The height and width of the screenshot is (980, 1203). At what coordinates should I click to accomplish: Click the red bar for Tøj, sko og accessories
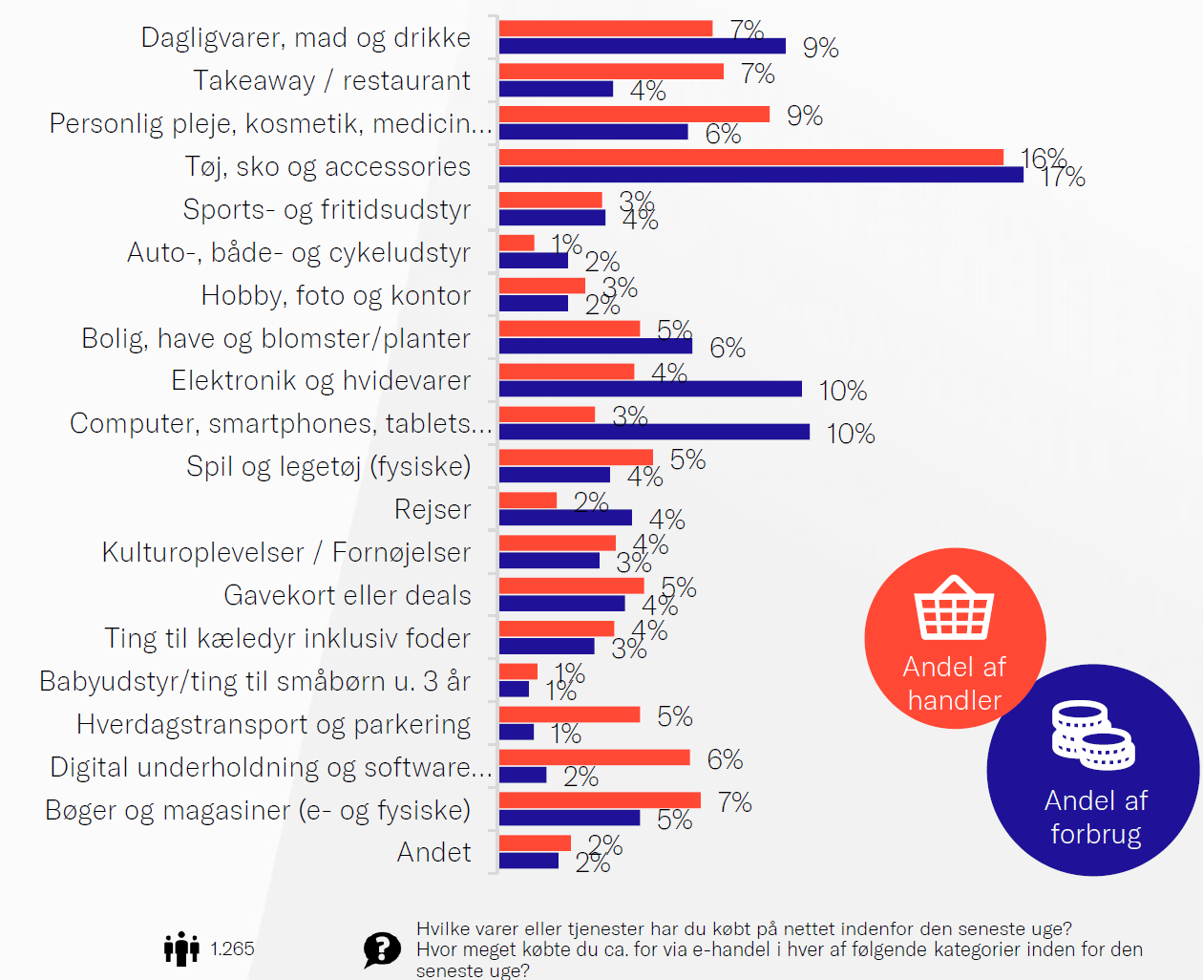(750, 158)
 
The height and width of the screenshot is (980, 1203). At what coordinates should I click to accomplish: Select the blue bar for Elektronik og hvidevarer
(650, 389)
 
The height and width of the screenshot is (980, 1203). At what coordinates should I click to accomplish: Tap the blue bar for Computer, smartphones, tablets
(654, 432)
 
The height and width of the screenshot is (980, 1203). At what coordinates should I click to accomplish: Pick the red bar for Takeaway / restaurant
(611, 72)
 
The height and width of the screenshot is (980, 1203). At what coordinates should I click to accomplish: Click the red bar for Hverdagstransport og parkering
(569, 714)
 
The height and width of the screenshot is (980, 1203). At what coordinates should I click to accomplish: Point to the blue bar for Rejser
(565, 518)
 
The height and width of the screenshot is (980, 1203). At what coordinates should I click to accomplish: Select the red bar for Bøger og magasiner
(600, 800)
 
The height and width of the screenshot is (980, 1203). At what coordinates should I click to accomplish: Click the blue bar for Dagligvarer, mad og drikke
(642, 46)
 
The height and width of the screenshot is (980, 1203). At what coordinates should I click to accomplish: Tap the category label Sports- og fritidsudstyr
(327, 209)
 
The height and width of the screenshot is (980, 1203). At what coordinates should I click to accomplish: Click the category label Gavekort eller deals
(348, 595)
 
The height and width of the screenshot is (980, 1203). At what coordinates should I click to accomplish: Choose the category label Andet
(433, 852)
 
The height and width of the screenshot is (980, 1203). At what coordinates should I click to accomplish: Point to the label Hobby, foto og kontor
(335, 295)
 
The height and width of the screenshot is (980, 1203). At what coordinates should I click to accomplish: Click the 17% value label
(1064, 178)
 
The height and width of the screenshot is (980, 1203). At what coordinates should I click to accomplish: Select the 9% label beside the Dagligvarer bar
(820, 48)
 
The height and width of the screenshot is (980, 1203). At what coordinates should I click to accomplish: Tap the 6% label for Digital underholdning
(725, 759)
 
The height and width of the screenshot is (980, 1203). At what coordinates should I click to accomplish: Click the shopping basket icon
(954, 607)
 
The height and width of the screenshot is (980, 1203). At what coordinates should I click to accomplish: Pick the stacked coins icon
(1093, 735)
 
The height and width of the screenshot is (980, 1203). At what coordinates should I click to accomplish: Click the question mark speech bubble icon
(382, 949)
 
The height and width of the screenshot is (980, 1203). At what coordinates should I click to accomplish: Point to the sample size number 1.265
(232, 948)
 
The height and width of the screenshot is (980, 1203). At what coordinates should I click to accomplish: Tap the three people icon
(181, 948)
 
